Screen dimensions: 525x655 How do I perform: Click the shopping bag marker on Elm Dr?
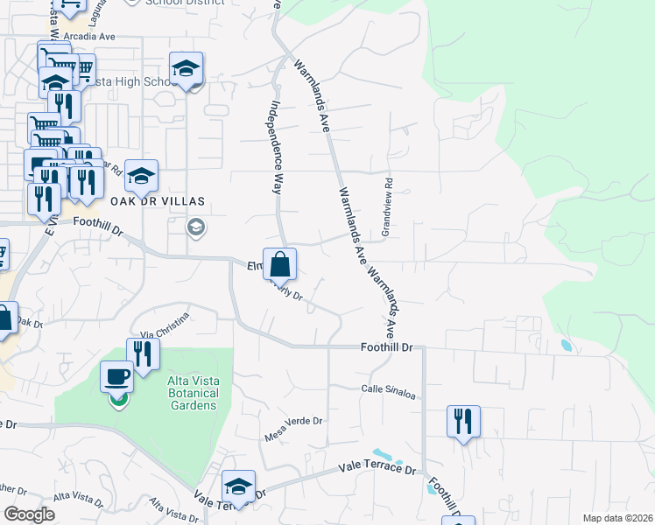pyautogui.click(x=279, y=264)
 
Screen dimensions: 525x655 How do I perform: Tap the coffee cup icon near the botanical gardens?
pyautogui.click(x=116, y=377)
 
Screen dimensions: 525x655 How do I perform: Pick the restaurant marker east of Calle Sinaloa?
pyautogui.click(x=463, y=422)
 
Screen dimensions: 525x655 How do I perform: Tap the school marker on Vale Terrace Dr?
pyautogui.click(x=237, y=486)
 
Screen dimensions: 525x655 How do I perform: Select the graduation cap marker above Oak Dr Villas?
pyautogui.click(x=140, y=177)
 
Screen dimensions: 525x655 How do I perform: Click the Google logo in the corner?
pyautogui.click(x=30, y=514)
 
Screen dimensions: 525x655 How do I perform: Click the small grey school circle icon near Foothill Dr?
pyautogui.click(x=196, y=228)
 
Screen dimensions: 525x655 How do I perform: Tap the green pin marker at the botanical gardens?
pyautogui.click(x=117, y=402)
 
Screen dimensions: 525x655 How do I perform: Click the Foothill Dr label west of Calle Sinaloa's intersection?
pyautogui.click(x=386, y=347)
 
